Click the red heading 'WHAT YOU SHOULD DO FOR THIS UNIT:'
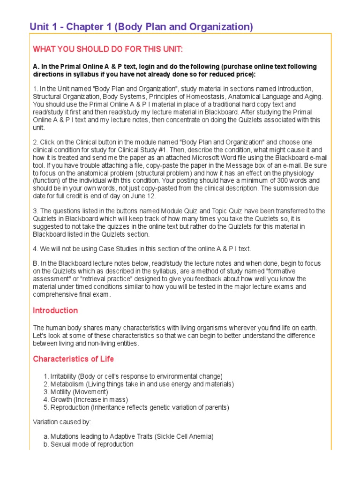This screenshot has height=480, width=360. (108, 49)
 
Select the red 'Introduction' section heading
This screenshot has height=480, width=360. (55, 310)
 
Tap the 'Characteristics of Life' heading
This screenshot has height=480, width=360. (73, 359)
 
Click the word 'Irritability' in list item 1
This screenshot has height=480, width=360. (64, 376)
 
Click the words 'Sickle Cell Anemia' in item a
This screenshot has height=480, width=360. (184, 436)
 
